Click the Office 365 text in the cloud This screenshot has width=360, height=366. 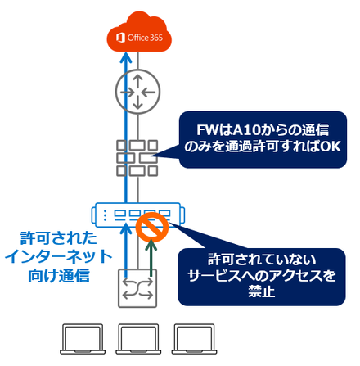(145, 38)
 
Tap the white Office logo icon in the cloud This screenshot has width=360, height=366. (120, 38)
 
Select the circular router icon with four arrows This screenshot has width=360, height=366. (137, 92)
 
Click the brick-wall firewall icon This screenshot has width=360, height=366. (137, 158)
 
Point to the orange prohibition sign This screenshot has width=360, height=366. (152, 226)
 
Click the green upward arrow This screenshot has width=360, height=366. (151, 257)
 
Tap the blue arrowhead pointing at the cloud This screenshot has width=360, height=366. (126, 57)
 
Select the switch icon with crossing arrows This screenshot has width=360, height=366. (137, 288)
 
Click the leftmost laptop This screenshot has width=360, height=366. (83, 339)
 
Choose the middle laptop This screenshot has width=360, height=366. (138, 339)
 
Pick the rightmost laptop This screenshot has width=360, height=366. (194, 339)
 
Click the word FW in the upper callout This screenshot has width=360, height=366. (208, 130)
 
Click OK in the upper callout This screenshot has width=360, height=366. (330, 147)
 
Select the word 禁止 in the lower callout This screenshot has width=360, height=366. (261, 291)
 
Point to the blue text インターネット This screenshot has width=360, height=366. (58, 257)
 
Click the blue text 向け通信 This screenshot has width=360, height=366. (59, 276)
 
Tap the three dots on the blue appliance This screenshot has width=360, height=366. (105, 215)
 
